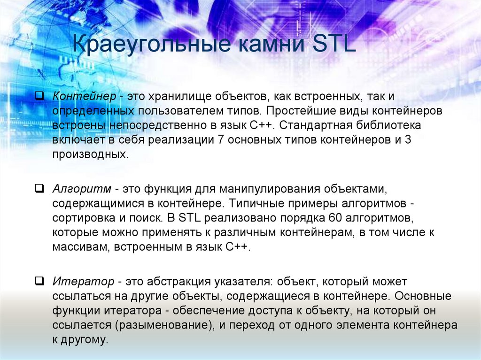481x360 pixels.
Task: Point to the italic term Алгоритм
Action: pos(82,189)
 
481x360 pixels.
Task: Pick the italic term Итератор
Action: pos(83,282)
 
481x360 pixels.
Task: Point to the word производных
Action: pos(90,154)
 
